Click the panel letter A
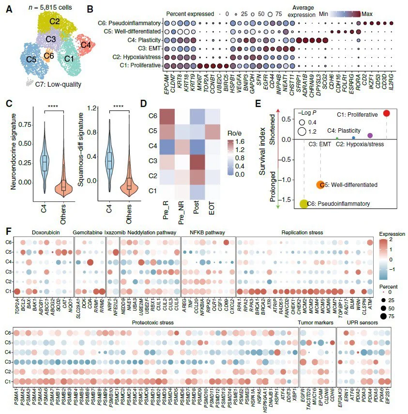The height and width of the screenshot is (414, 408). pos(9,8)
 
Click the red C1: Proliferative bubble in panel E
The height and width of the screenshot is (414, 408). pos(386,113)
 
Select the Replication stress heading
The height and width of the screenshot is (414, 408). pos(303,233)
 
